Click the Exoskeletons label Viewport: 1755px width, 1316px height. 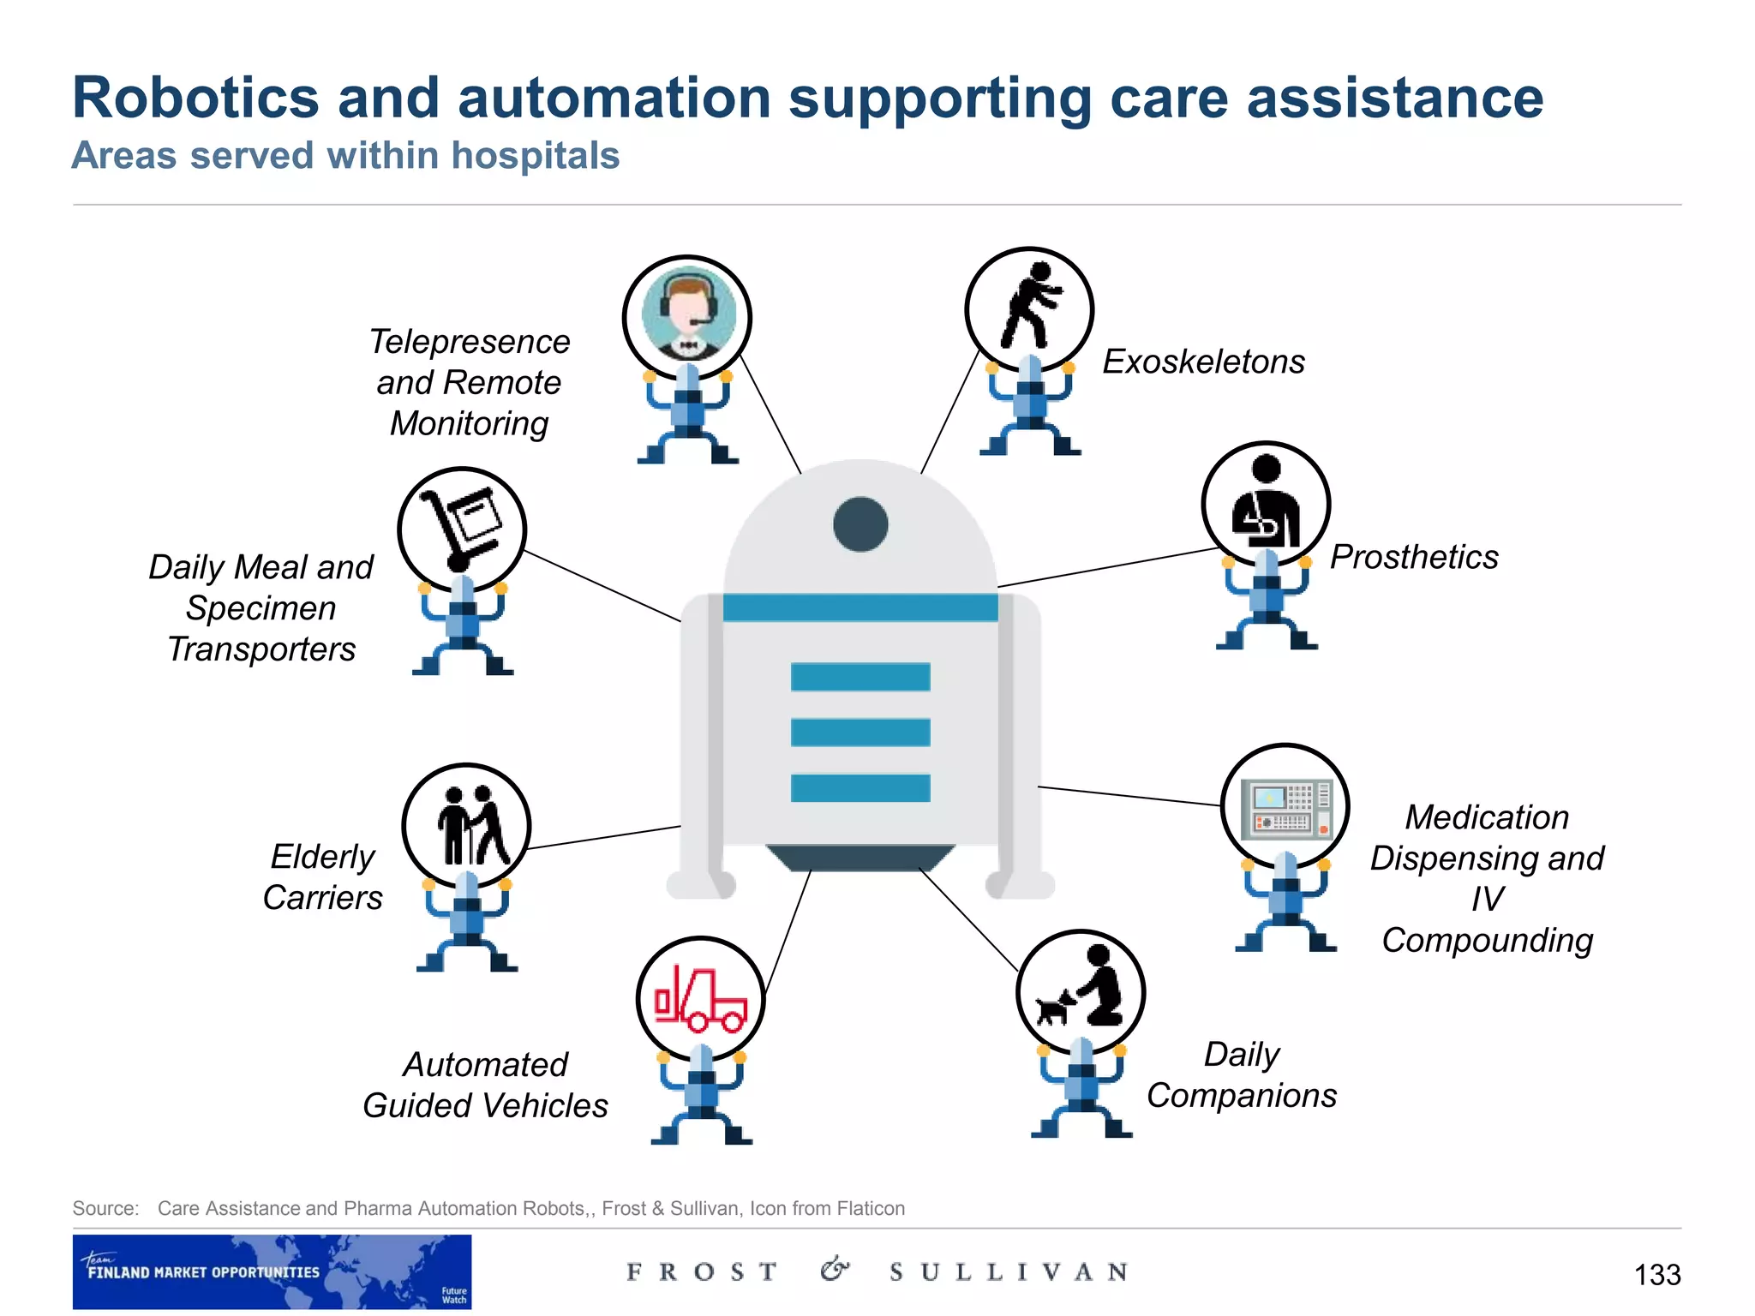click(x=1203, y=362)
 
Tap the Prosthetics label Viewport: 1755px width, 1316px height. click(x=1414, y=557)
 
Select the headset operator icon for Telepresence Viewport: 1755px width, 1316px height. click(x=687, y=317)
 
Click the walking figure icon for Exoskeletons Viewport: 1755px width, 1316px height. click(x=1029, y=308)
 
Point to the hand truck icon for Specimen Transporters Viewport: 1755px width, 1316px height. click(x=463, y=529)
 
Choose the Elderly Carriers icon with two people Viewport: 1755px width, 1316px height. click(x=467, y=826)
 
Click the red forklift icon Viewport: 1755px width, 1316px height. click(x=701, y=999)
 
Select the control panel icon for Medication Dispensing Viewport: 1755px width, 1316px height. click(x=1285, y=807)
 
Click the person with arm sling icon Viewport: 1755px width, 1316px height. click(x=1266, y=505)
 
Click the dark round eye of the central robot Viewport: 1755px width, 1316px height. click(x=860, y=524)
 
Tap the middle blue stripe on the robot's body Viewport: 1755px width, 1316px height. click(x=860, y=733)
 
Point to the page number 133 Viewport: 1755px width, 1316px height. click(x=1656, y=1275)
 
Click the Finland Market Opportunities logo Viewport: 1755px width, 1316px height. click(x=272, y=1271)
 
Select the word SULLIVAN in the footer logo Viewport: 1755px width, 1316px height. click(x=1009, y=1272)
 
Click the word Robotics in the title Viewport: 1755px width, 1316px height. click(x=195, y=98)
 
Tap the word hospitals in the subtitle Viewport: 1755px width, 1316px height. click(x=535, y=156)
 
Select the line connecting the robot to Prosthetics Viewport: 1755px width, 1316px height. click(x=1105, y=567)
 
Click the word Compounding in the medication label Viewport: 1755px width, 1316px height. click(x=1488, y=941)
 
